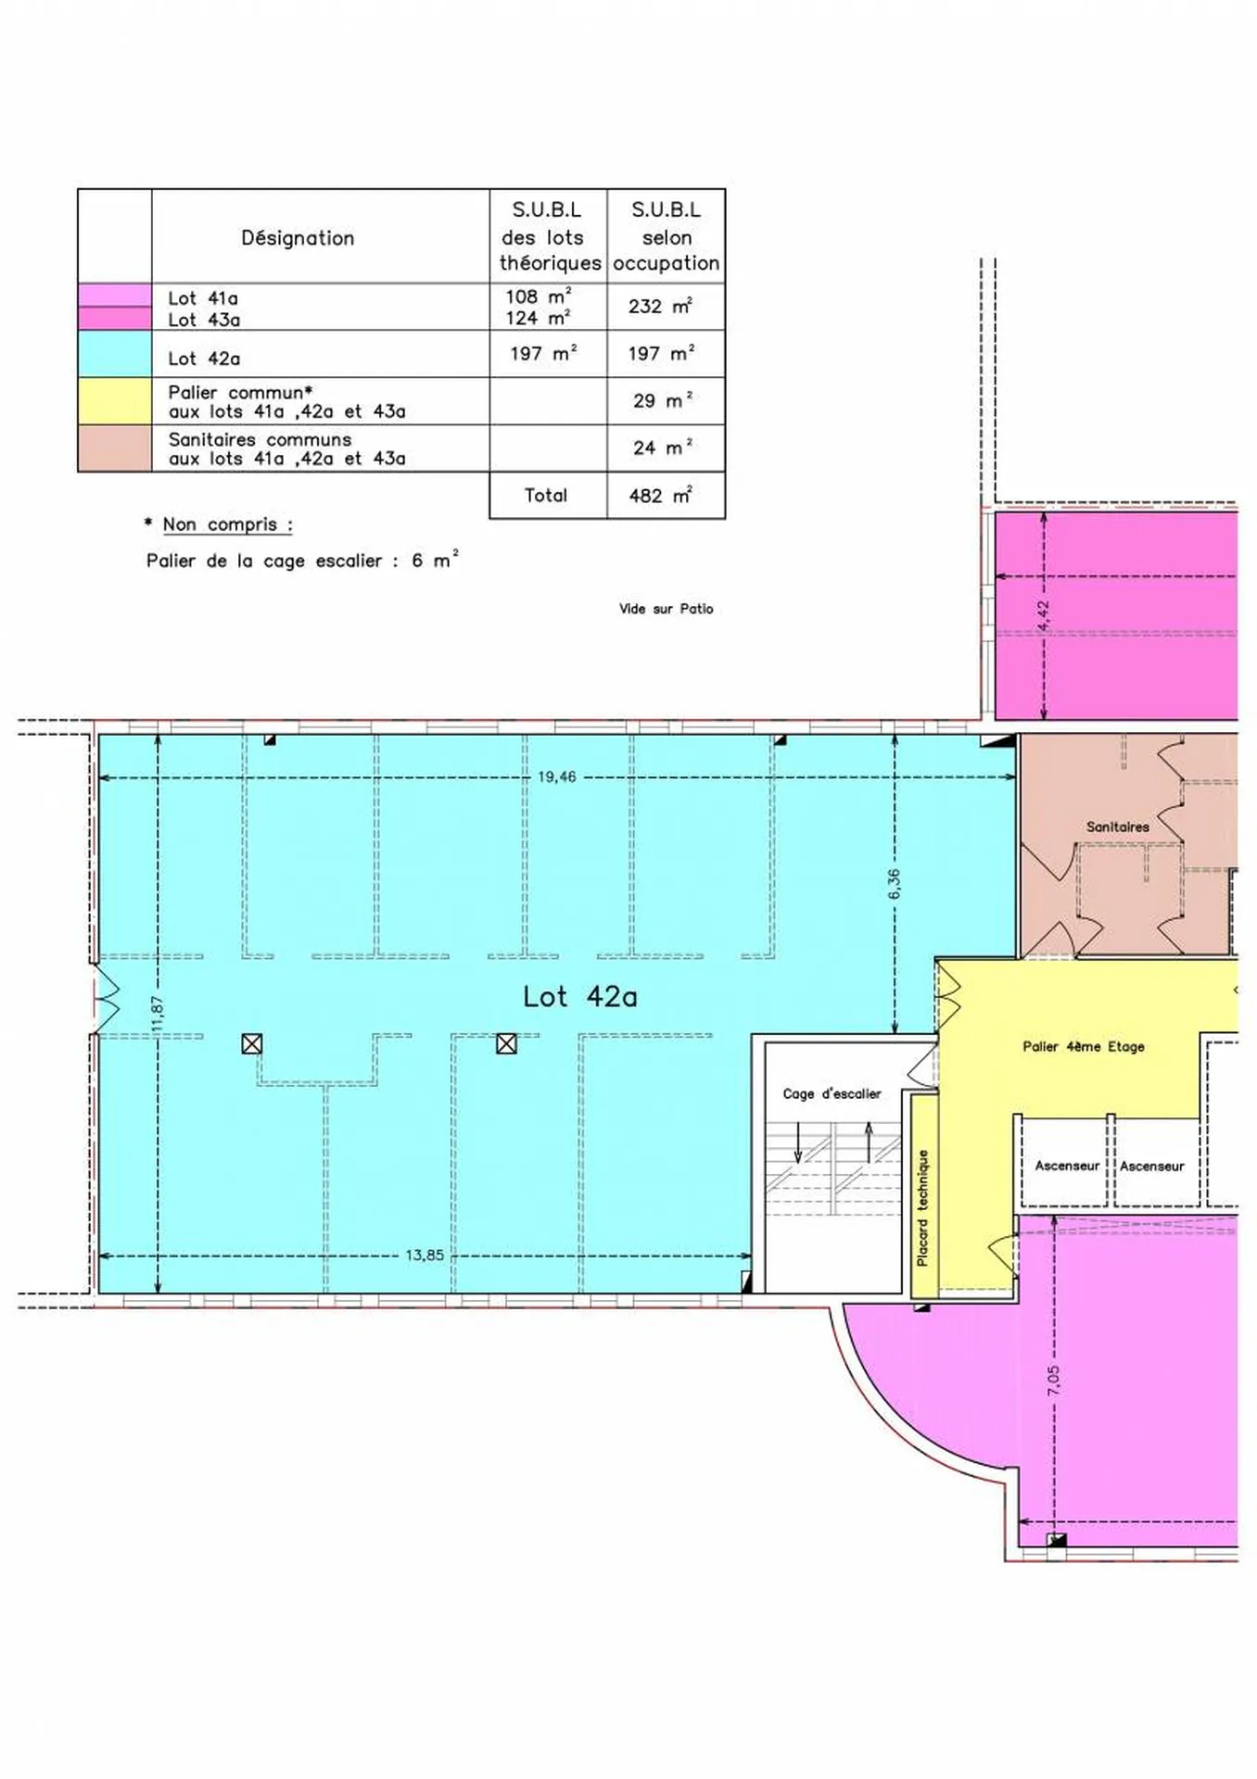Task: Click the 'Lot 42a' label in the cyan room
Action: point(579,996)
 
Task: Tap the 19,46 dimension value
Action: point(556,776)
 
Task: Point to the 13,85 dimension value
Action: point(425,1255)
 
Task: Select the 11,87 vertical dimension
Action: point(157,1013)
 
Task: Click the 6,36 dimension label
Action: point(894,883)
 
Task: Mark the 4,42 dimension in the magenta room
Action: point(1043,616)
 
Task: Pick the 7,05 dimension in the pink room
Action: point(1053,1381)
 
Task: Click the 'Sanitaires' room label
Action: point(1117,826)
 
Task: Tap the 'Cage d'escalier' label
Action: point(832,1093)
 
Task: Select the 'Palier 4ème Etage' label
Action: point(1083,1046)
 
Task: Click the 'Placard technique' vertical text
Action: point(922,1207)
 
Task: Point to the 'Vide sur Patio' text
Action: point(666,609)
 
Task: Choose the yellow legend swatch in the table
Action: point(115,401)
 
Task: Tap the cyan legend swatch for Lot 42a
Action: point(115,353)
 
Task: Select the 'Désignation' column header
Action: point(298,238)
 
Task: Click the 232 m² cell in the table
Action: point(661,306)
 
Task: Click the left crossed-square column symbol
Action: point(251,1044)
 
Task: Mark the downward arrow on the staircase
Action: point(797,1142)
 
